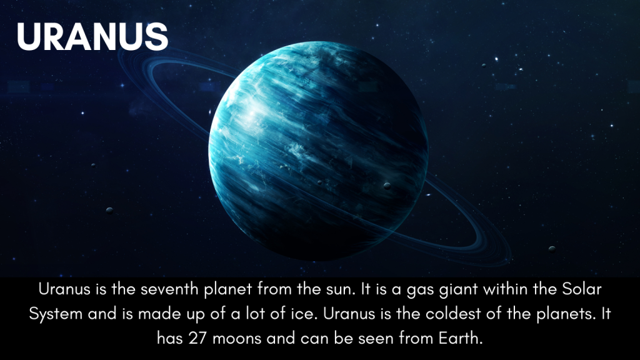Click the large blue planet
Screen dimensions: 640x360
(318, 151)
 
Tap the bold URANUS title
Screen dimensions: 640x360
(92, 37)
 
